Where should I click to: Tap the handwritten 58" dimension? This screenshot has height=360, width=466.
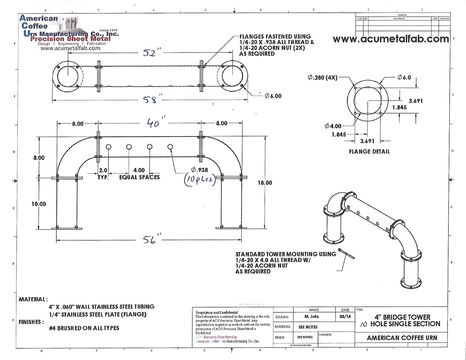coord(151,99)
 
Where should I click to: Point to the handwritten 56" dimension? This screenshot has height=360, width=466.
coord(151,240)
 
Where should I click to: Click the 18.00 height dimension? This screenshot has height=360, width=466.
coord(265,183)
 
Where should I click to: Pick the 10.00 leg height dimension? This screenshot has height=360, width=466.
coord(39,204)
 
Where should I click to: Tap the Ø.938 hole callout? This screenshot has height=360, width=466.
coord(199,170)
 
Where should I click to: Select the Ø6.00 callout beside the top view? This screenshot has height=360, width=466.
coord(273,96)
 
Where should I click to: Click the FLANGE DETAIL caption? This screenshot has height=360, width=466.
coord(369,151)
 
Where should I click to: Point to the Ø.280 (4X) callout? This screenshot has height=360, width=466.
coord(323,78)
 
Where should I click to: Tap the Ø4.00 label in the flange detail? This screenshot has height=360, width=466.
coord(333,126)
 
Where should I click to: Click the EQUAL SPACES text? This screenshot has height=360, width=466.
coord(139,177)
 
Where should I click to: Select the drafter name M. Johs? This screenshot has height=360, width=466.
coord(312,317)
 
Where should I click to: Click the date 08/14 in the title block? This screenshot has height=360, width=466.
coord(345,317)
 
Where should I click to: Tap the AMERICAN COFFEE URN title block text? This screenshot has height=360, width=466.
coord(402,338)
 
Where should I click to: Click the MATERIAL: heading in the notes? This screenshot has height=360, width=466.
coord(33,299)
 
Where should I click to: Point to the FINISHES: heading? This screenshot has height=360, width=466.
coord(31,322)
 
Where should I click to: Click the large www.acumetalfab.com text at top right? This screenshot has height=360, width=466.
coord(391,39)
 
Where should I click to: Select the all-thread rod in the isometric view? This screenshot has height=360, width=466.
coord(346,254)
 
